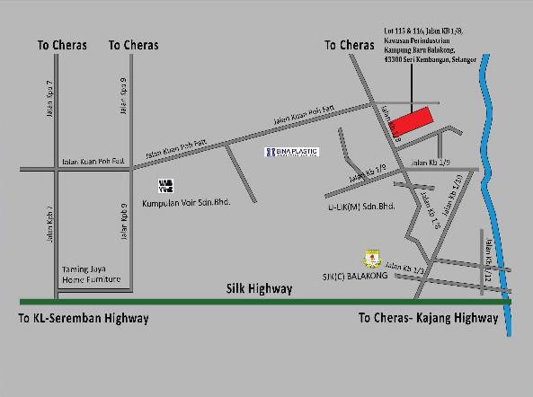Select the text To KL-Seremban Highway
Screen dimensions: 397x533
point(84,318)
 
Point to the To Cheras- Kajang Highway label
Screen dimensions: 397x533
point(427,318)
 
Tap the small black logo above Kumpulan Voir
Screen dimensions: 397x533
point(165,187)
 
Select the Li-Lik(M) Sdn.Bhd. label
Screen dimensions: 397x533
point(361,207)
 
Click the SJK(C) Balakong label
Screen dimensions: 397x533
point(353,275)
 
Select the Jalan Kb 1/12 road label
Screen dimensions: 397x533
point(490,260)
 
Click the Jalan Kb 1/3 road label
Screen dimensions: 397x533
point(403,266)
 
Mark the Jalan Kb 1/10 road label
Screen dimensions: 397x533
point(457,195)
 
